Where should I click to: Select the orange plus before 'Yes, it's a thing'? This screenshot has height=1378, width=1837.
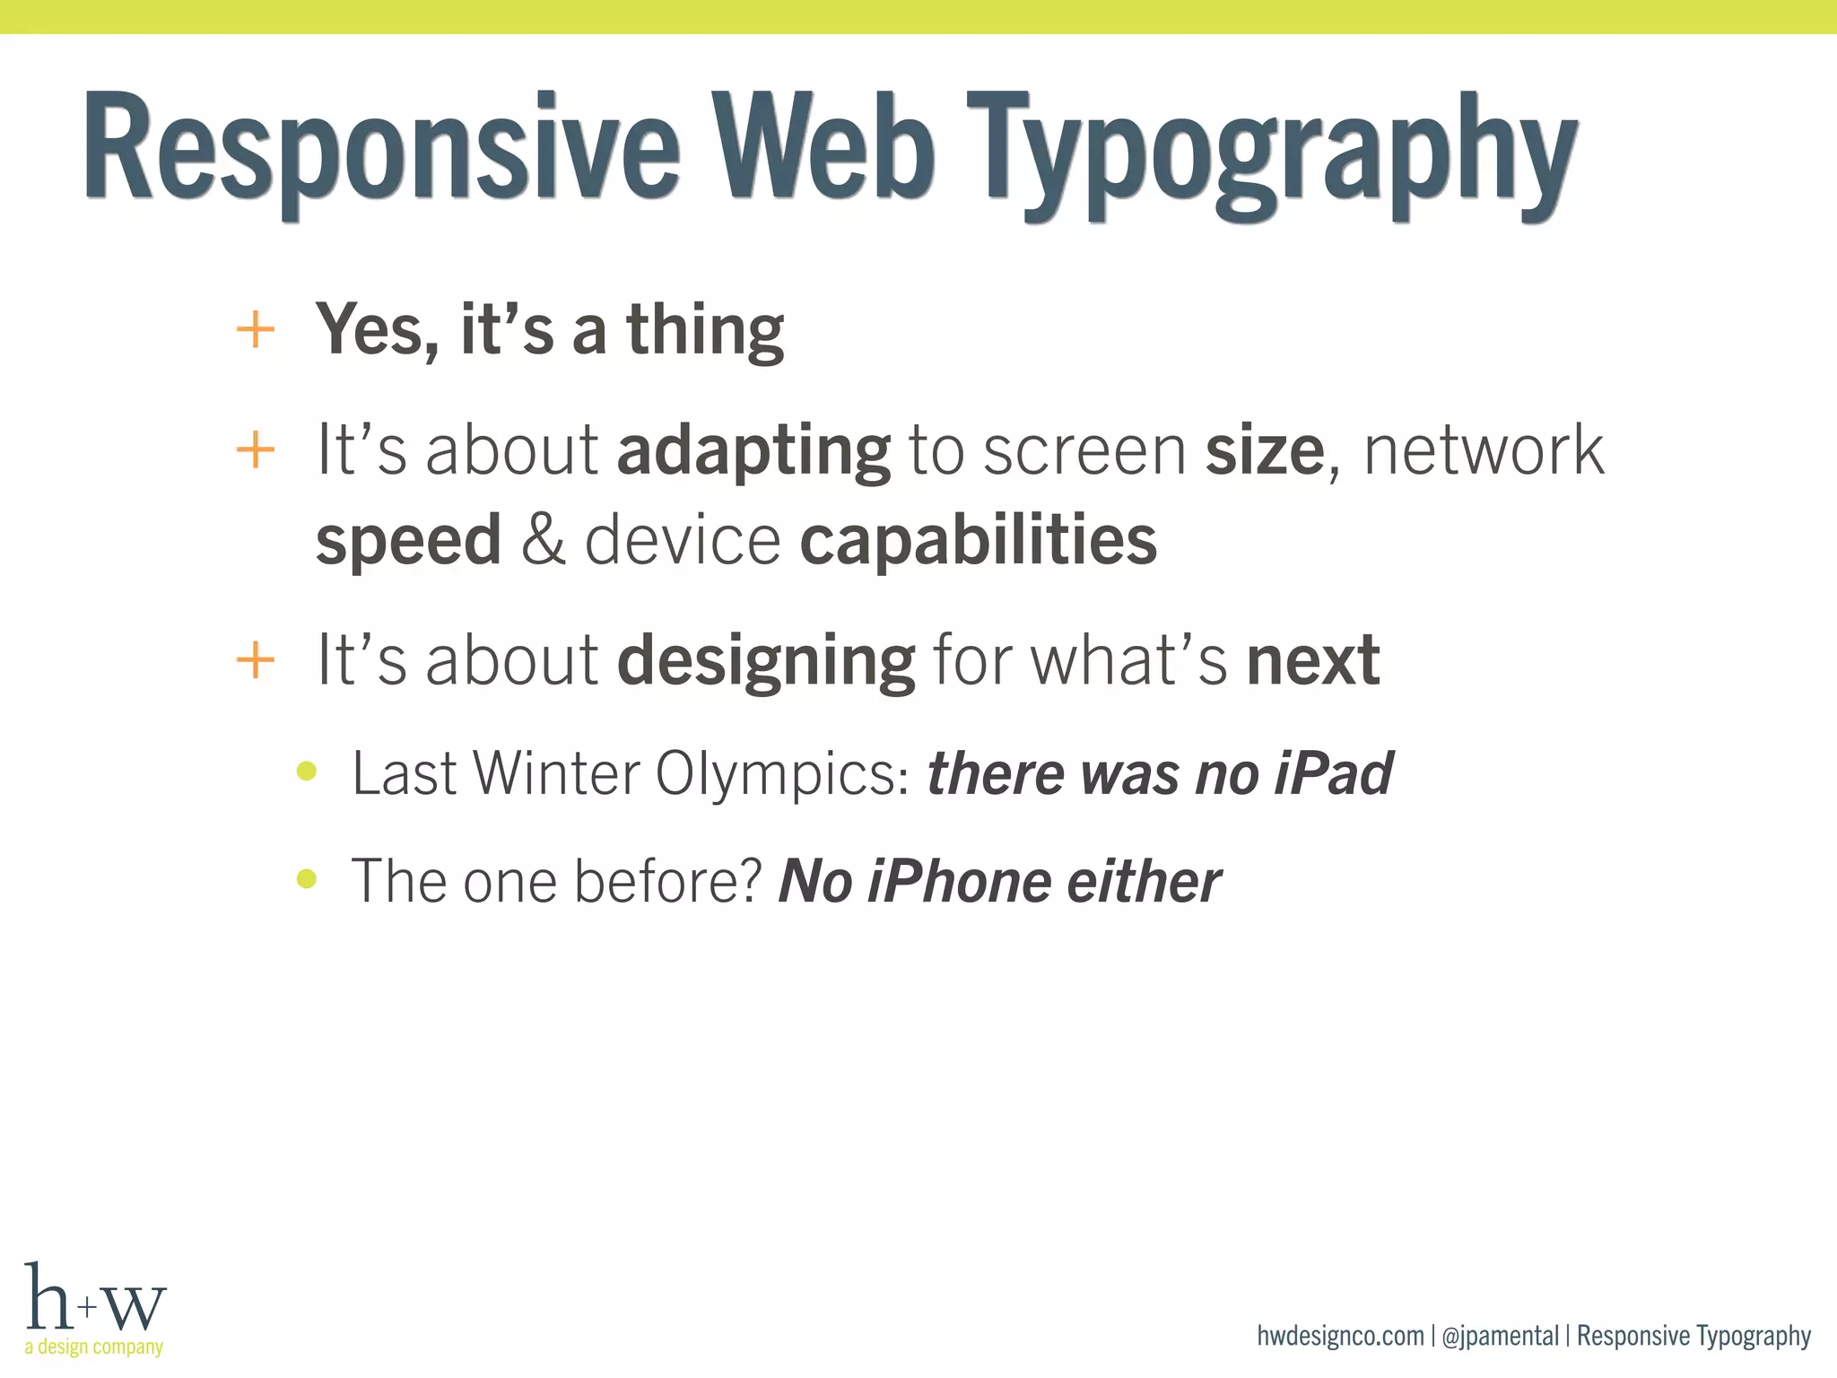255,330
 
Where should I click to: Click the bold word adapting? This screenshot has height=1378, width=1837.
753,451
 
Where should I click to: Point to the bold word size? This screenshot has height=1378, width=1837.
1264,451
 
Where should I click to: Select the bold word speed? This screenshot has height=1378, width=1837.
408,541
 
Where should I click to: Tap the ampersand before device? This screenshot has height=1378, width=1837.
544,541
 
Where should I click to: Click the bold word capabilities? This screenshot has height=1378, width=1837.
978,541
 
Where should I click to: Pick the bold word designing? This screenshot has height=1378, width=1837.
766,662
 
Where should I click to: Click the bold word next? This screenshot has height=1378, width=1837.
1313,662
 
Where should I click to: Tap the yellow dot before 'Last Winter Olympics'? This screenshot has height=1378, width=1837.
307,771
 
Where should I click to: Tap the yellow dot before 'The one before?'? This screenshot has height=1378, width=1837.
307,878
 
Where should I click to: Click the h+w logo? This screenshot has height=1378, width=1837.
95,1298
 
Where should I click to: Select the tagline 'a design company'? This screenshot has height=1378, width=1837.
94,1347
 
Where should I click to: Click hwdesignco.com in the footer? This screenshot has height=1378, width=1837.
1340,1336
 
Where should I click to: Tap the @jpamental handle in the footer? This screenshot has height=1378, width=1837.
1500,1336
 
